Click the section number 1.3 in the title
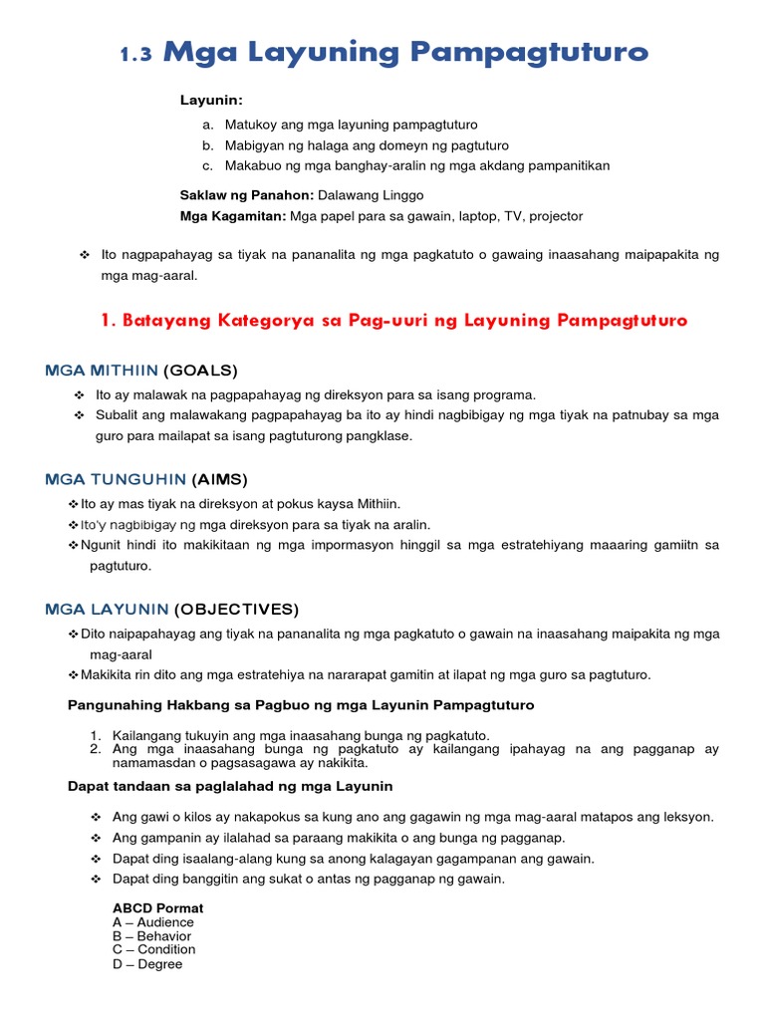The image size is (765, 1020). point(136,57)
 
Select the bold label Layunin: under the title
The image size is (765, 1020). point(211,101)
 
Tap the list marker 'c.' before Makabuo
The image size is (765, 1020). point(207,165)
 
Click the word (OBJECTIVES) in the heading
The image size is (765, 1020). point(236,609)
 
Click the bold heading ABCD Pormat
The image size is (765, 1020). point(157,908)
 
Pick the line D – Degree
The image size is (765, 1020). point(147,964)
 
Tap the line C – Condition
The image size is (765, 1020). point(154,950)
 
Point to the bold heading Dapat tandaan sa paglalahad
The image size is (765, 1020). point(229,787)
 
